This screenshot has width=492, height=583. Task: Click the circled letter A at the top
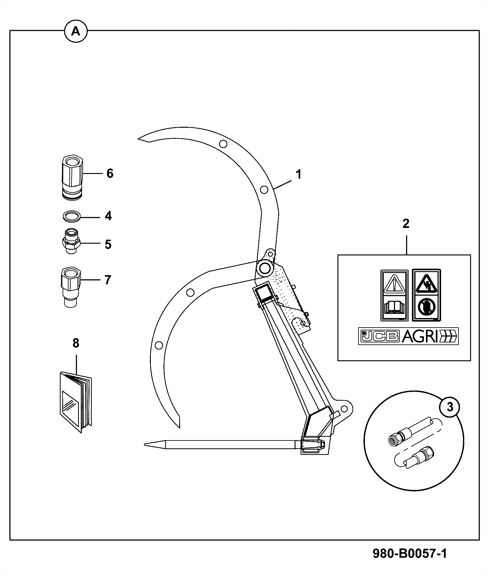click(x=76, y=31)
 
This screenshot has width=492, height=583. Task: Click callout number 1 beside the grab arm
click(x=298, y=174)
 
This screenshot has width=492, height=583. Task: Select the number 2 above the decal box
click(x=406, y=224)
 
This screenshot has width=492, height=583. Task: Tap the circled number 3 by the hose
click(x=450, y=407)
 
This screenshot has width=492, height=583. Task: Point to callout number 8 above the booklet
click(x=76, y=343)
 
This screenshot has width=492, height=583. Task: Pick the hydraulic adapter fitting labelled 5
click(x=71, y=241)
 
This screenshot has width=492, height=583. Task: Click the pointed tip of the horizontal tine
click(x=145, y=444)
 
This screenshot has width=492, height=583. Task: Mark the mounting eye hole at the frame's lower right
click(x=344, y=409)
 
